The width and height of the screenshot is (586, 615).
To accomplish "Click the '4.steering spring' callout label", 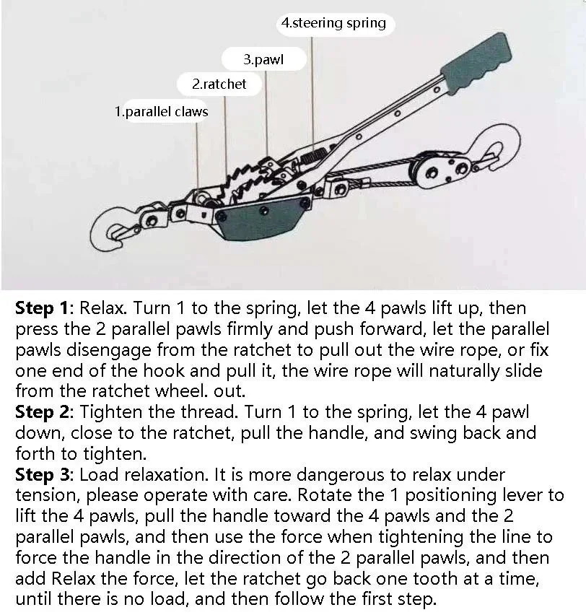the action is click(x=333, y=23).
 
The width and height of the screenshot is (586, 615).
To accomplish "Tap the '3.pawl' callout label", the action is click(x=263, y=60).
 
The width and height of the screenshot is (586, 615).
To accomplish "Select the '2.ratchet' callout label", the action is click(x=219, y=84).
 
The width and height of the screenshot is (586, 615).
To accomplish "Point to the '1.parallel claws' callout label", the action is click(x=161, y=112).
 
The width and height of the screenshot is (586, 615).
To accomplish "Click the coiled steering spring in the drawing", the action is click(x=312, y=157).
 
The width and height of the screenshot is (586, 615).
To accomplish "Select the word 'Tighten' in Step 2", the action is click(x=110, y=413).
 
